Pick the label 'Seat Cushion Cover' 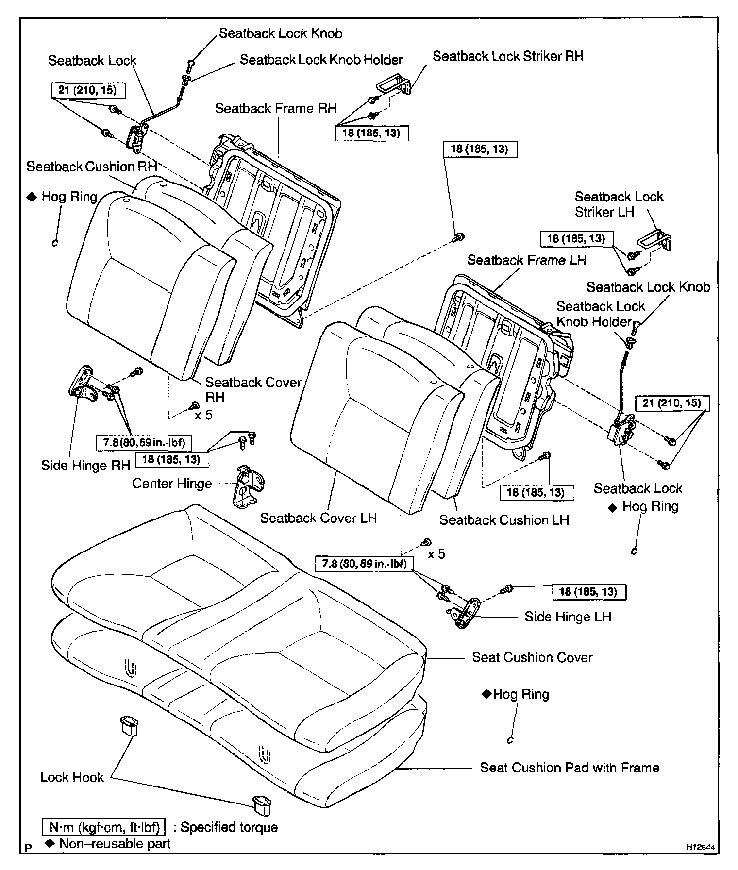pos(532,657)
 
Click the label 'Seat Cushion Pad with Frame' pos(570,768)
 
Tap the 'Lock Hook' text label pos(72,777)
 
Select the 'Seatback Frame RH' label pos(276,108)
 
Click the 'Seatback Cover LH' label pos(319,518)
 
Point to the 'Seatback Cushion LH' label pos(504,520)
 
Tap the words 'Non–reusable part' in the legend pos(115,844)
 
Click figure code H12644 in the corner pos(700,847)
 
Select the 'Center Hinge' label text pos(172,484)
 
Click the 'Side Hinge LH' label pos(568,617)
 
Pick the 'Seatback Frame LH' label pos(527,260)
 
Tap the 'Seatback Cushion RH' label pos(91,167)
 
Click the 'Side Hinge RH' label pos(85,466)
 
